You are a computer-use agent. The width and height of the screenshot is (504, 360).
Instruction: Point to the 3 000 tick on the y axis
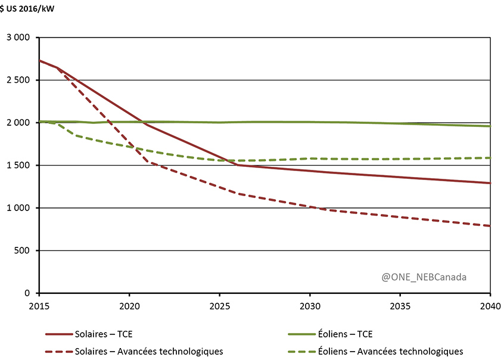tap(18, 38)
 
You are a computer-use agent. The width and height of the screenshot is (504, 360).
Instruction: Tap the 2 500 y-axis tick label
tap(18, 80)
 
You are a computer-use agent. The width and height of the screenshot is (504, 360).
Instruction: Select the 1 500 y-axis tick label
tap(18, 165)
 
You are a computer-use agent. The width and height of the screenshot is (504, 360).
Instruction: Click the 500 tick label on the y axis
tap(22, 250)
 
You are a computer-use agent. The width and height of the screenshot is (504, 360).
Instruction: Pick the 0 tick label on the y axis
tap(27, 293)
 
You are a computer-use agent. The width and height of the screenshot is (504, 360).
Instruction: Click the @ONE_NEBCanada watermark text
tap(424, 277)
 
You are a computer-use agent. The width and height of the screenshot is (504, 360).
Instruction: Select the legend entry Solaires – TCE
tap(105, 334)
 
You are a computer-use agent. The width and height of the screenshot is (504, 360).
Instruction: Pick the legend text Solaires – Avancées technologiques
tap(148, 351)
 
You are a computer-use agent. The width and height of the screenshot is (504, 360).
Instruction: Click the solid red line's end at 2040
tap(490, 183)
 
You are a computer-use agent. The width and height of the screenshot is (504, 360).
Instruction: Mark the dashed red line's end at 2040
tap(490, 226)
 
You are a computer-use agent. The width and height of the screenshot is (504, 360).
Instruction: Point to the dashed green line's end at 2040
tap(490, 158)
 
